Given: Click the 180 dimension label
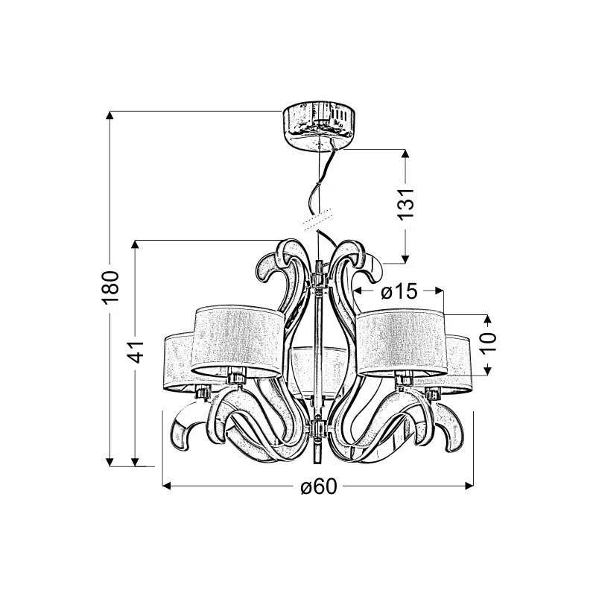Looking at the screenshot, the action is pyautogui.click(x=110, y=288).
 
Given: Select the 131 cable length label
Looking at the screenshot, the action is pyautogui.click(x=405, y=203).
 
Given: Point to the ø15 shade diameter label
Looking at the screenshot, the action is pyautogui.click(x=399, y=292).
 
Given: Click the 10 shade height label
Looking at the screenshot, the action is pyautogui.click(x=488, y=342).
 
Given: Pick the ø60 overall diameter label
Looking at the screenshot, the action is pyautogui.click(x=319, y=486).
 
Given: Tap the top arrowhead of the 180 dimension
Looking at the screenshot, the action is pyautogui.click(x=110, y=115).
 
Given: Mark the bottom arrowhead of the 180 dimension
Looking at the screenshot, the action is pyautogui.click(x=110, y=462).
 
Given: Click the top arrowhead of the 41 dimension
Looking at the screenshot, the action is pyautogui.click(x=135, y=244).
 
